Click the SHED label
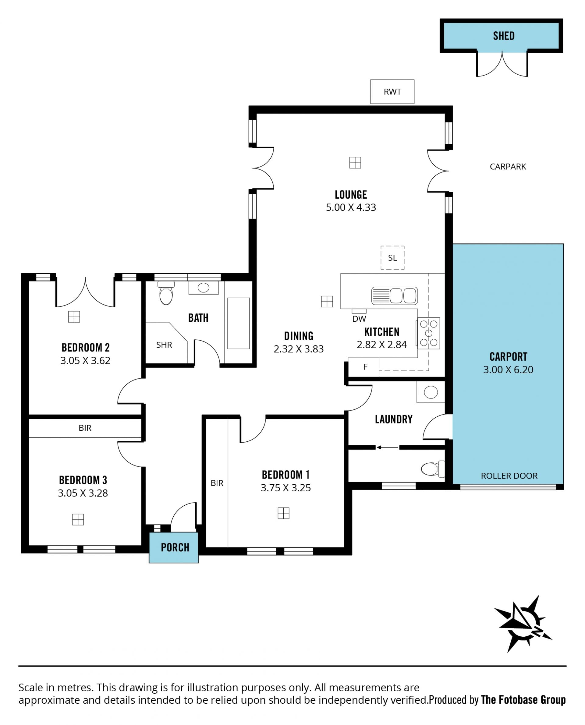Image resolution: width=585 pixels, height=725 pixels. tap(503, 36)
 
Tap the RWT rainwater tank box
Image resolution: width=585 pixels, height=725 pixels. tap(392, 92)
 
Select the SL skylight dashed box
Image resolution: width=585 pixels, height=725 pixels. tap(392, 258)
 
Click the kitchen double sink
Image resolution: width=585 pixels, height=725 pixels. tap(395, 296)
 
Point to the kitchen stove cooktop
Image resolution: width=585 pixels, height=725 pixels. tap(428, 333)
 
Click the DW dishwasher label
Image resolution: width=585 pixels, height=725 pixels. tap(359, 319)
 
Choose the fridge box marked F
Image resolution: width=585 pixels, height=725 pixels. tap(363, 367)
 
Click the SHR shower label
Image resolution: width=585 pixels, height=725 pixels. tap(164, 345)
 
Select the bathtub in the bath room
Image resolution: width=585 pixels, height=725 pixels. tap(238, 324)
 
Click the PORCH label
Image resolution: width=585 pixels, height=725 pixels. tap(175, 547)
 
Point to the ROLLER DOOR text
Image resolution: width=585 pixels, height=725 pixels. tap(509, 476)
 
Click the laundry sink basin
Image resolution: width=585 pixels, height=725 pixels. tap(431, 392)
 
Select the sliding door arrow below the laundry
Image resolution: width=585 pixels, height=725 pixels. tap(388, 447)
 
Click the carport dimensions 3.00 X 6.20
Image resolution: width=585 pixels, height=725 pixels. tap(508, 370)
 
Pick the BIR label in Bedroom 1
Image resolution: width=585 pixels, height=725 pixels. tap(217, 483)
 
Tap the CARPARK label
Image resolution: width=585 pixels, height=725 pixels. tap(508, 166)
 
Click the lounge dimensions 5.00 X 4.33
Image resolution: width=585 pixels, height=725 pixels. tap(351, 207)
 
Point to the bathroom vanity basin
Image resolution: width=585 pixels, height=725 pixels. tap(203, 288)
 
